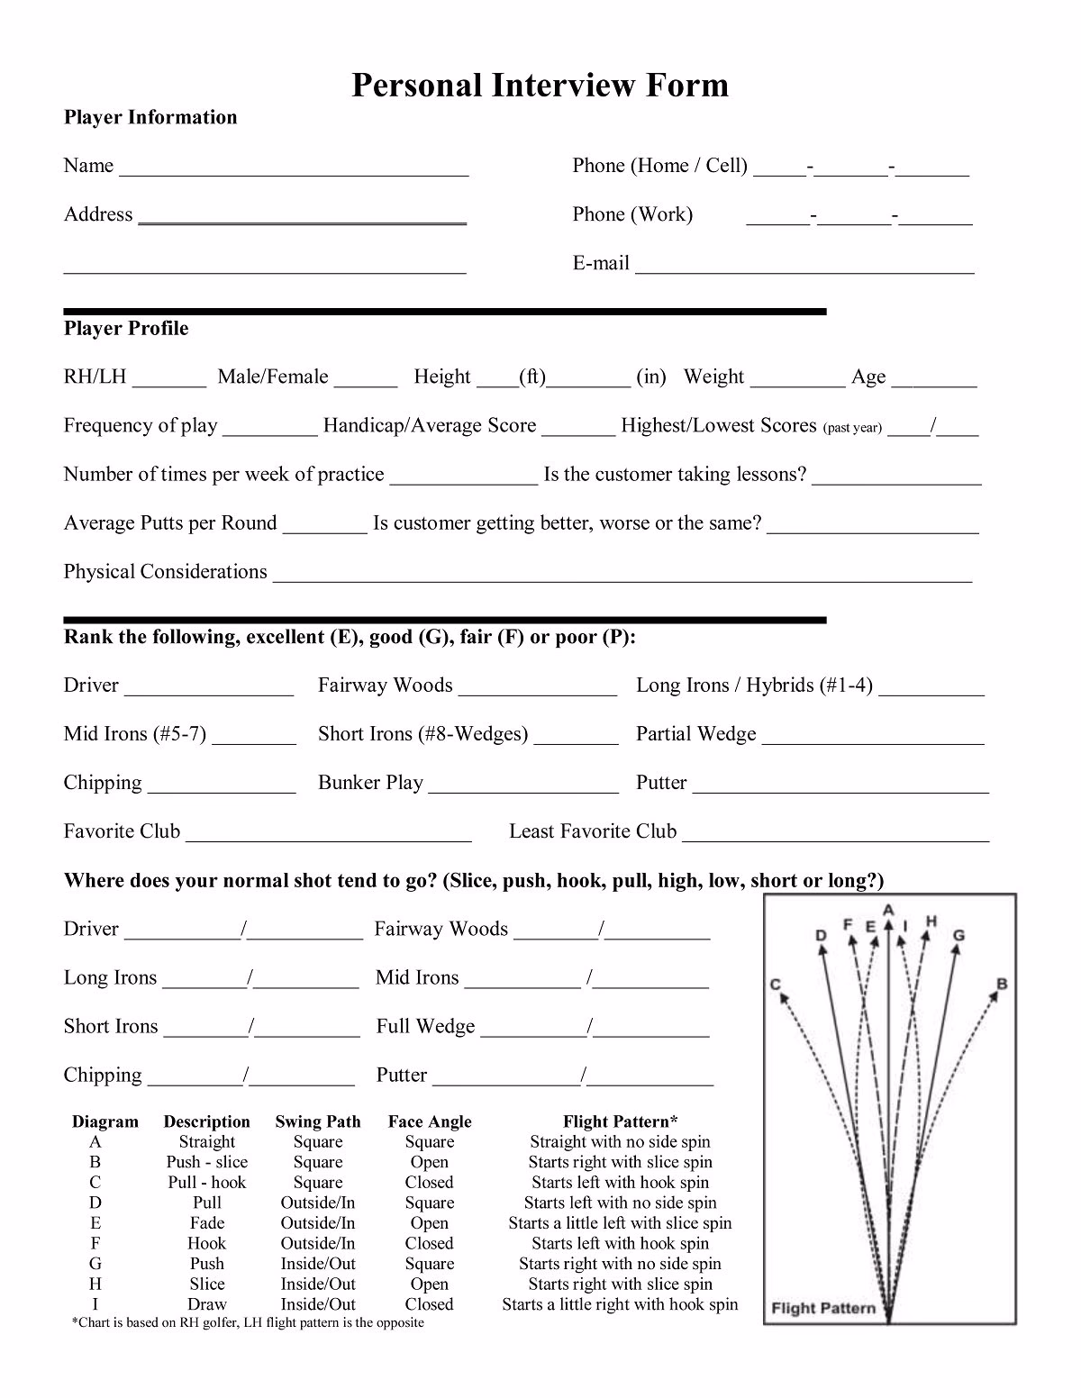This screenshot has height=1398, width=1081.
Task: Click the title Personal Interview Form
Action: pyautogui.click(x=540, y=86)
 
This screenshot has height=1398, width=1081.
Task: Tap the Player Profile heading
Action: pyautogui.click(x=126, y=329)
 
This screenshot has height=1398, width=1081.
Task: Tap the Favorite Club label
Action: pyautogui.click(x=122, y=831)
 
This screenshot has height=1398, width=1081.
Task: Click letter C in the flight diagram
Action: pyautogui.click(x=775, y=985)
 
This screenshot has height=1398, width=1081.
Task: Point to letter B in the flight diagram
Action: pyautogui.click(x=1002, y=984)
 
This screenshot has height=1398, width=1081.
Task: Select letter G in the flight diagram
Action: pyautogui.click(x=958, y=935)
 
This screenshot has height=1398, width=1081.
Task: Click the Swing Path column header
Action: pyautogui.click(x=318, y=1122)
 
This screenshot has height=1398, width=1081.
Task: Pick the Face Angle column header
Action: pyautogui.click(x=430, y=1122)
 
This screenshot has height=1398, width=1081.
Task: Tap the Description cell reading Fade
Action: pyautogui.click(x=207, y=1223)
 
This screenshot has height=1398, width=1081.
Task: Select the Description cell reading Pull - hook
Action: pyautogui.click(x=207, y=1183)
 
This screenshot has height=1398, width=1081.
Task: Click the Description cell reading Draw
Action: pyautogui.click(x=207, y=1304)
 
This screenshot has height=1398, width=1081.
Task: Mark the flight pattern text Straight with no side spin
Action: pyautogui.click(x=620, y=1142)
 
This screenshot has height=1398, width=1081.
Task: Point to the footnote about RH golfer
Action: pyautogui.click(x=247, y=1323)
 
